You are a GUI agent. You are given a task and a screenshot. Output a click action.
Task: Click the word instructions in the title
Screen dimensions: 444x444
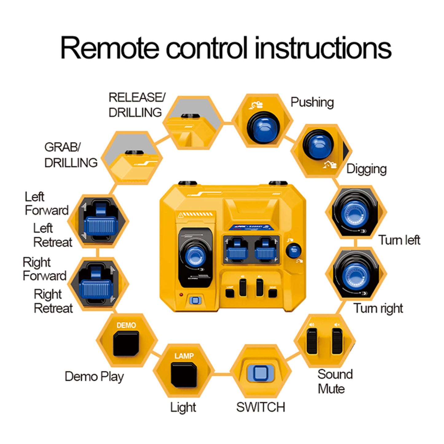pos(323,48)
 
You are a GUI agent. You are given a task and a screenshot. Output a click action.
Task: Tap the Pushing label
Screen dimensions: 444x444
pos(312,102)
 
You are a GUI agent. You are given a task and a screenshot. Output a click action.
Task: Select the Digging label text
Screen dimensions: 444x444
pos(366,169)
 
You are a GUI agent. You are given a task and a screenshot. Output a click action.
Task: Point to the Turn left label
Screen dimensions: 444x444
pos(399,240)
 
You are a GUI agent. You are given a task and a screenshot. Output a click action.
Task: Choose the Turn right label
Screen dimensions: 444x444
pos(378,308)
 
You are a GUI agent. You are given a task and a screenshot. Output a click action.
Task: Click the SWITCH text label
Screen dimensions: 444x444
pos(261,407)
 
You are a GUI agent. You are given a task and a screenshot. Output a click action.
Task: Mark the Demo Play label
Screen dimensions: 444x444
pos(94,376)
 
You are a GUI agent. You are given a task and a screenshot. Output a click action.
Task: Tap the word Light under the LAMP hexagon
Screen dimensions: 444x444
pos(183,407)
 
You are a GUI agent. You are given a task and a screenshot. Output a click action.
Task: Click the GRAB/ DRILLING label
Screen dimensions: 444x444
pos(71,155)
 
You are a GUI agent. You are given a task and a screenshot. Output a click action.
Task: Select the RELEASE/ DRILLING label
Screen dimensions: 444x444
pos(137,105)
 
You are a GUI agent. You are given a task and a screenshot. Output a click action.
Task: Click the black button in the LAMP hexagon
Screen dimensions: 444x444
pos(184,375)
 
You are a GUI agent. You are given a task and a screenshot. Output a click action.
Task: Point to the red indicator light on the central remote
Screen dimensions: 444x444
pos(181,295)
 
